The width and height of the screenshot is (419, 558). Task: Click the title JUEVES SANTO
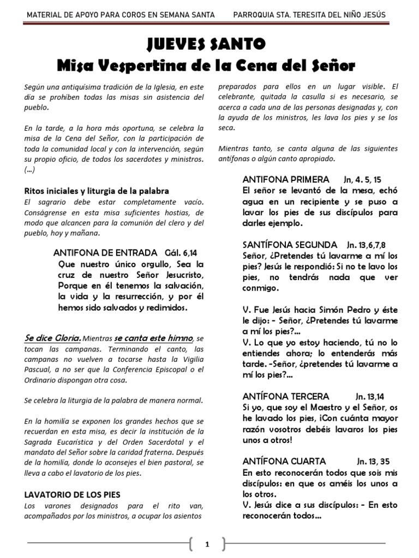[x=207, y=44]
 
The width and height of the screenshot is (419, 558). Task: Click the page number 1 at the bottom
[x=207, y=544]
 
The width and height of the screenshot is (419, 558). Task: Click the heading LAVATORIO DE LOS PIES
[x=73, y=494]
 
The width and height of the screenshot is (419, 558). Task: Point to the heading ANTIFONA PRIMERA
[x=285, y=179]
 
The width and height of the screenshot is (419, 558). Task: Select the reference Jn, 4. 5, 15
[x=363, y=179]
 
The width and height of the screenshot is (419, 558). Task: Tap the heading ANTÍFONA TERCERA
[x=285, y=396]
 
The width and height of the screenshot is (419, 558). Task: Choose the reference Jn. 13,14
[x=373, y=396]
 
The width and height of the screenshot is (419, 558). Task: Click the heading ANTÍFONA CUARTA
[x=284, y=460]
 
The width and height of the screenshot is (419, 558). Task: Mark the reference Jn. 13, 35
[x=374, y=460]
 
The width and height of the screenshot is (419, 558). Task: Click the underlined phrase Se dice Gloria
[x=53, y=338]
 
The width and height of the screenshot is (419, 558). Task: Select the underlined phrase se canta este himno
[x=154, y=338]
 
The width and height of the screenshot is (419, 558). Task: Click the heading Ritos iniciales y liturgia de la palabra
[x=97, y=191]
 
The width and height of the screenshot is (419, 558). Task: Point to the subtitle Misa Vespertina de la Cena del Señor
[x=206, y=66]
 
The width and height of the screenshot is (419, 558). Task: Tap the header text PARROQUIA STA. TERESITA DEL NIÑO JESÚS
[x=309, y=15]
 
